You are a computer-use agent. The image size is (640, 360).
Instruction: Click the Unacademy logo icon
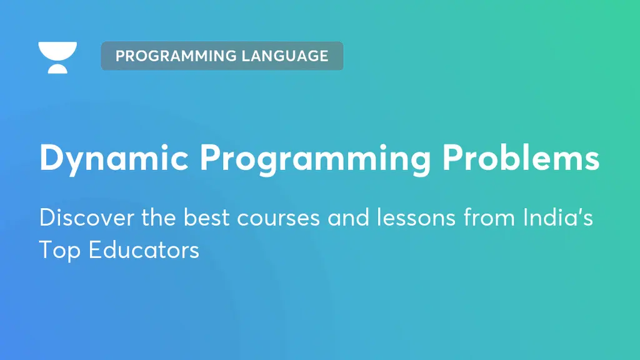[x=57, y=57]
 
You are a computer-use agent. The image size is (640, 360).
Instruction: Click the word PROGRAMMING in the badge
[x=168, y=56]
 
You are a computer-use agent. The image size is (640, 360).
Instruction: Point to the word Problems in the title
[x=521, y=159]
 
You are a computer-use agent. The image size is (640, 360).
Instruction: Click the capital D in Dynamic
[x=51, y=159]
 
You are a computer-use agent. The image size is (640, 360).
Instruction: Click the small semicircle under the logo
[x=57, y=68]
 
